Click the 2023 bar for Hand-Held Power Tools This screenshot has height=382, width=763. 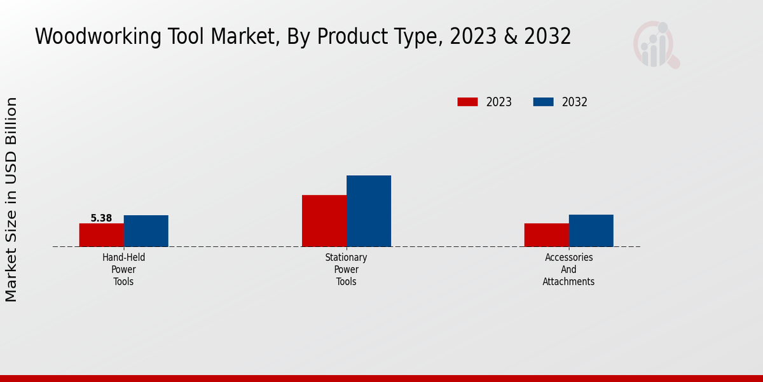[101, 235]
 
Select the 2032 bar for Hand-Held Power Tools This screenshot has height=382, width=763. [146, 231]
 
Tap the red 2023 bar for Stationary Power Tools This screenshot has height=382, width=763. [324, 221]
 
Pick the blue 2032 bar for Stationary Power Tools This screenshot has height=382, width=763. [368, 211]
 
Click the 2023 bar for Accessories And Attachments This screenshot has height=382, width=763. [546, 235]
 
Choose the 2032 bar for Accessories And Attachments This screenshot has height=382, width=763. [591, 230]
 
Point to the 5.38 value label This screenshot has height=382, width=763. [101, 218]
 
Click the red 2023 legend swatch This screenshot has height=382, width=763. [467, 102]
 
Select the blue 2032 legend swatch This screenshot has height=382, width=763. [543, 102]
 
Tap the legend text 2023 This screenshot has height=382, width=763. [499, 102]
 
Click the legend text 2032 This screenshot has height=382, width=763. [575, 102]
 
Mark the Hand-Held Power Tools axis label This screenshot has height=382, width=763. [123, 269]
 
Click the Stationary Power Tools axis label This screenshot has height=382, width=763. [346, 269]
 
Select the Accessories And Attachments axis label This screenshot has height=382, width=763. [568, 269]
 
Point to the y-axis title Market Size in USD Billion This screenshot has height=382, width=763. [11, 199]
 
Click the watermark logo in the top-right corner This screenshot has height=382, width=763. [656, 45]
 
